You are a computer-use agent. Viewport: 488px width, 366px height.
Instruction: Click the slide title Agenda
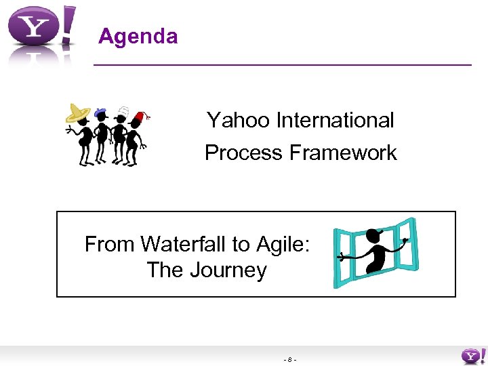pos(138,36)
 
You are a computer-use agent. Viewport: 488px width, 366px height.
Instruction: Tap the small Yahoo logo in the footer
pos(472,355)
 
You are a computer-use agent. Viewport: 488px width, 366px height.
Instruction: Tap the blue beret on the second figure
pos(101,111)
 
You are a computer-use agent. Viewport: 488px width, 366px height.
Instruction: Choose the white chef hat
pos(122,110)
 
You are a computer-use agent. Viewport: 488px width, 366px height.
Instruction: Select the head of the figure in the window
pos(373,236)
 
